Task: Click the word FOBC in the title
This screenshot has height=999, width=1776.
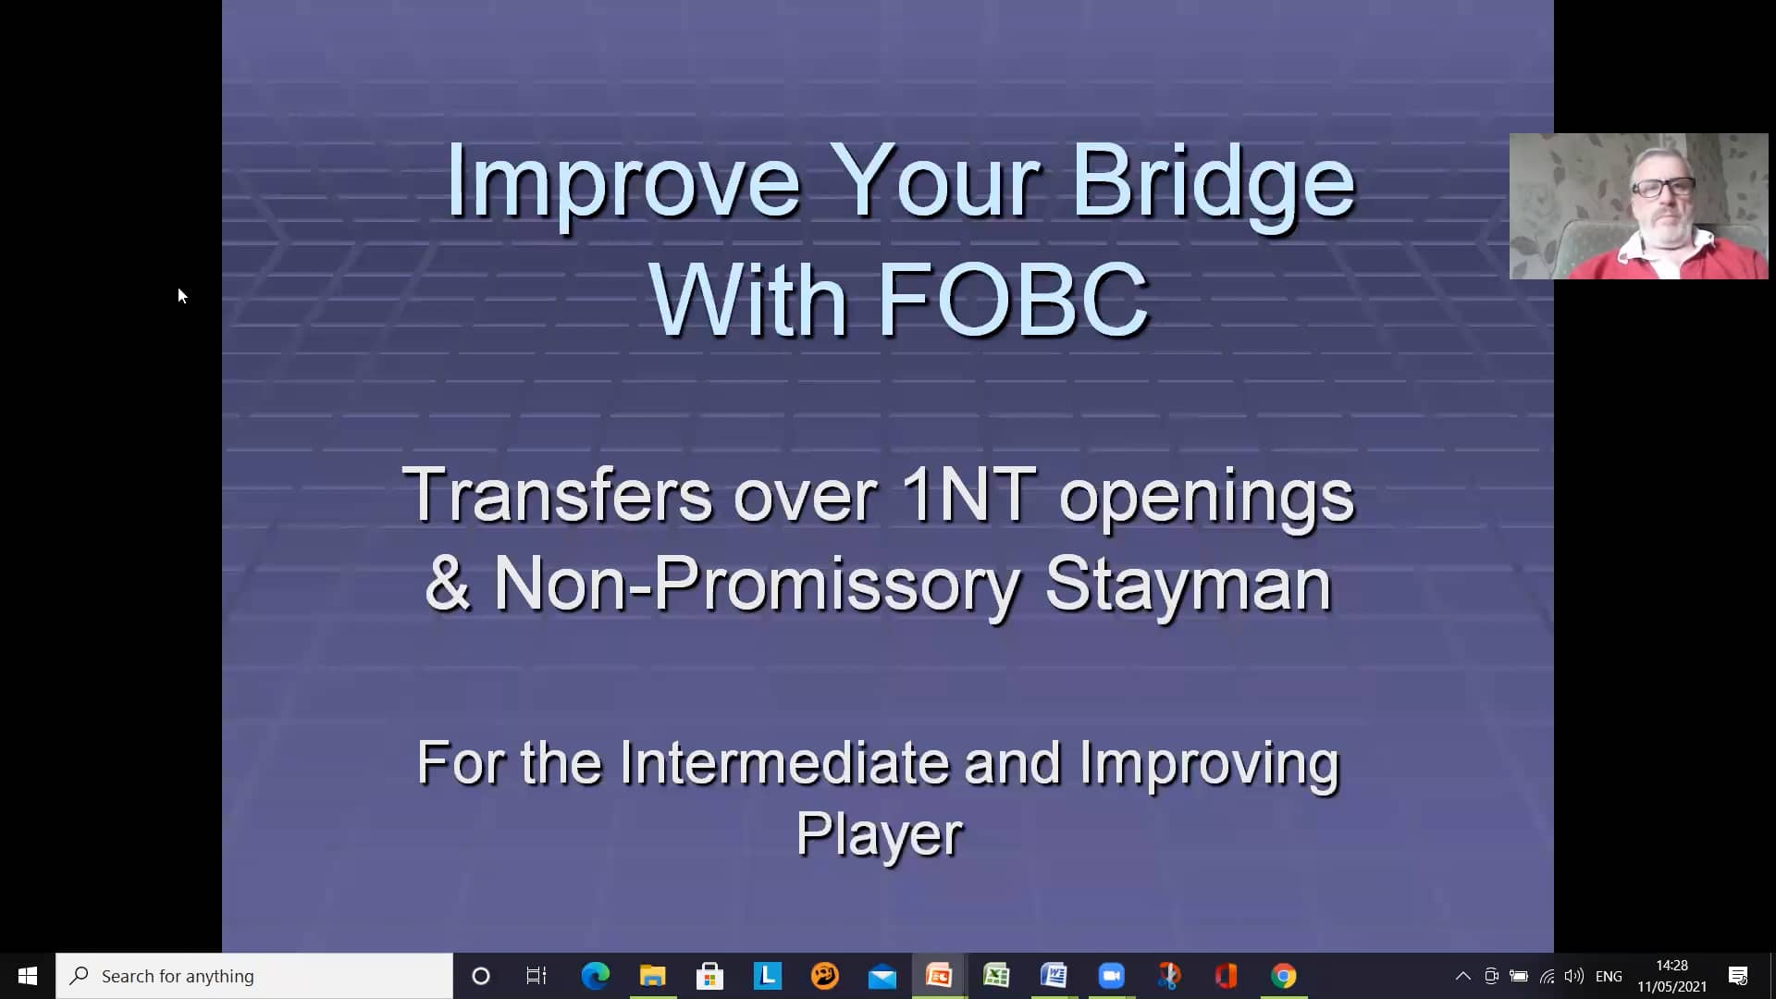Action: tap(1012, 300)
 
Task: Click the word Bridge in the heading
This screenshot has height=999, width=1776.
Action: tap(1213, 181)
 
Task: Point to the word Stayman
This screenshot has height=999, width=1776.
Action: tap(1188, 585)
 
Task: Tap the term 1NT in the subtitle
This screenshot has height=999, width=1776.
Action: tap(968, 495)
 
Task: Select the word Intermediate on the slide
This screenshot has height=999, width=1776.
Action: tap(783, 764)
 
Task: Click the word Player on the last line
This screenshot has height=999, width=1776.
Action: tap(879, 834)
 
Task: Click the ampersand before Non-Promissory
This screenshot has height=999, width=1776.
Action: tap(448, 585)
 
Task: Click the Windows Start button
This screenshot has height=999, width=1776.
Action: tap(28, 976)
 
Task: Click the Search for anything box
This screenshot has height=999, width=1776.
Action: tap(254, 976)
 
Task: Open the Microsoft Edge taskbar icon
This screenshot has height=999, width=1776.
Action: tap(595, 976)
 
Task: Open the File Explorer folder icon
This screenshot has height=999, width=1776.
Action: tap(652, 976)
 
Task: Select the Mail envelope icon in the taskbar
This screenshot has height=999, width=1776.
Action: tap(882, 976)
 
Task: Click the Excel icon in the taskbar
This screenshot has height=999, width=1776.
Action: tap(996, 976)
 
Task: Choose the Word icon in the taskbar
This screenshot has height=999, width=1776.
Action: tap(1054, 976)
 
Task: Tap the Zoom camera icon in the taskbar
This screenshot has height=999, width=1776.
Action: tap(1111, 976)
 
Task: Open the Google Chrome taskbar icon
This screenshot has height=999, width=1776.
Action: tap(1283, 976)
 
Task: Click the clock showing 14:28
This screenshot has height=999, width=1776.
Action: tap(1671, 966)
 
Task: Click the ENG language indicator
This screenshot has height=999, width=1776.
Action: tap(1609, 976)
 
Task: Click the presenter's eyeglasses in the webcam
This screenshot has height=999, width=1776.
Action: tap(1662, 188)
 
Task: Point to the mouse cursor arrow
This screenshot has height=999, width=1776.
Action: tap(181, 295)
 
